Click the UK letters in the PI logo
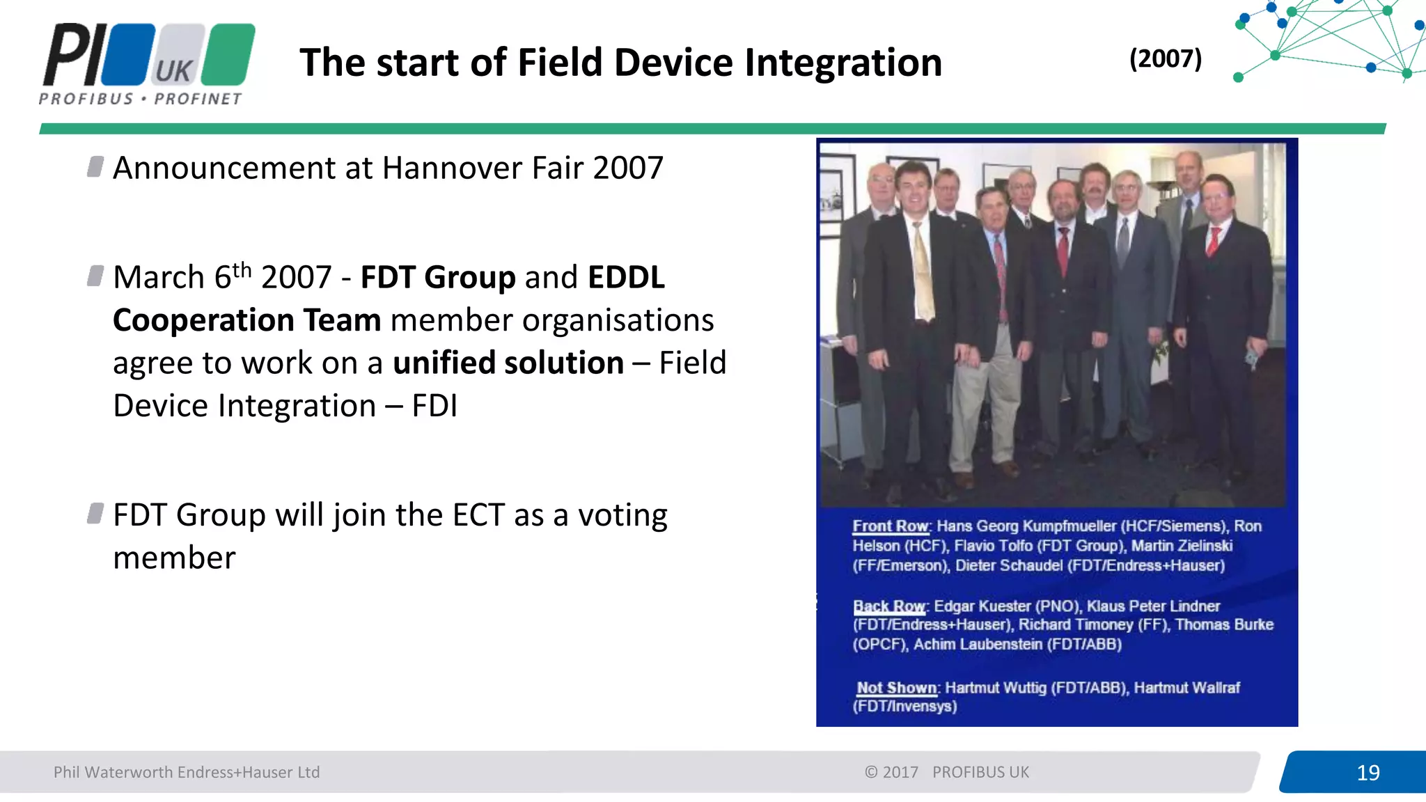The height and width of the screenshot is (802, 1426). pos(173,71)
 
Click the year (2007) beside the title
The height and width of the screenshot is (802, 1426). pos(1165,58)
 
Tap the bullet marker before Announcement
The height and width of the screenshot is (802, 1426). pos(95,167)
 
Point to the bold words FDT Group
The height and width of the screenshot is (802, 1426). pos(438,277)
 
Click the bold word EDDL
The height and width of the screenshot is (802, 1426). pos(626,277)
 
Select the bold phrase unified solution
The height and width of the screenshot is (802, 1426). pos(508,363)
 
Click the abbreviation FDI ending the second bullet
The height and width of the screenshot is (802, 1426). pos(434,406)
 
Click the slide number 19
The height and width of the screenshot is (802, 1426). pos(1368,772)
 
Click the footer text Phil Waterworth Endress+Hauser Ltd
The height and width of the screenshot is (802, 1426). pos(187,772)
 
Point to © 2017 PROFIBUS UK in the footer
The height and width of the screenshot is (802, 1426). pos(946,772)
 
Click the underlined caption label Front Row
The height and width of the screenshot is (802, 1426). pos(891,526)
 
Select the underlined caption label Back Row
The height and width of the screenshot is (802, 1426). pos(889,606)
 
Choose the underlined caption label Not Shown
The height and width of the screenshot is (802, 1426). pos(897,688)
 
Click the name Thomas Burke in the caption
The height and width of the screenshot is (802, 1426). pos(1224,625)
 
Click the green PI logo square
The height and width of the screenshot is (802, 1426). pos(231,53)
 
